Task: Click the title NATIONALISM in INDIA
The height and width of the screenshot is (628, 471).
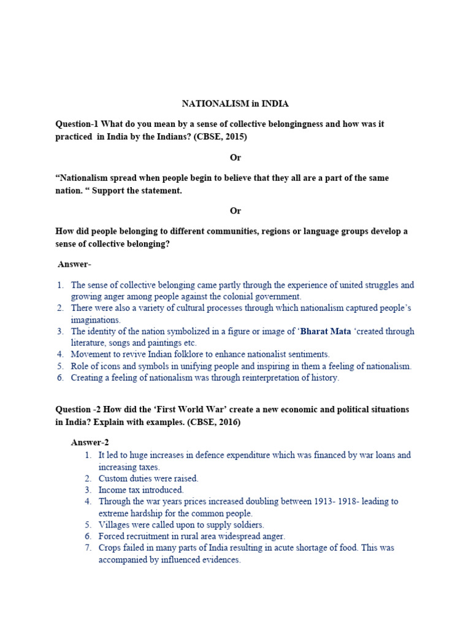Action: click(x=235, y=104)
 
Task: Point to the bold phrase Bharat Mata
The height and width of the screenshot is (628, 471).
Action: click(x=327, y=331)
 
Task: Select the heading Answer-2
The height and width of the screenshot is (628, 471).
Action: click(x=90, y=442)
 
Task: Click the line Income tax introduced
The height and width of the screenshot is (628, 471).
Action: click(x=141, y=490)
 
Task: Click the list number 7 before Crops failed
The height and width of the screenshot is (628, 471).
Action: click(x=89, y=548)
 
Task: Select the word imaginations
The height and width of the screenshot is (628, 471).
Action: click(x=96, y=320)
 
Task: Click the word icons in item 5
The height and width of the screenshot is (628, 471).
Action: click(x=123, y=366)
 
